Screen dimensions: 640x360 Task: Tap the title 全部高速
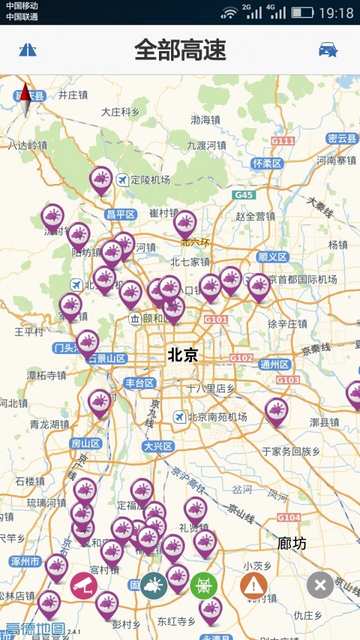(180, 50)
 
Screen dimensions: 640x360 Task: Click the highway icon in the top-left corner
(28, 50)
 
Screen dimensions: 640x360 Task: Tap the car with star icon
(328, 50)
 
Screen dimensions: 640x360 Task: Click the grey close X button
(320, 585)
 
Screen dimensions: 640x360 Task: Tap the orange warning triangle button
(254, 585)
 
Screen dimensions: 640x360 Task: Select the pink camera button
(84, 585)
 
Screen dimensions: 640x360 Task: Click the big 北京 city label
(182, 354)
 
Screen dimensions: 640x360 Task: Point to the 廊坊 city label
(292, 543)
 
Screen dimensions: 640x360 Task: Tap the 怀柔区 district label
(267, 163)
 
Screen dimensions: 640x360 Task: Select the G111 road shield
(283, 141)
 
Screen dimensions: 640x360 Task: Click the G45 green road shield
(245, 195)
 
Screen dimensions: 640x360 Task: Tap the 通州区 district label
(275, 364)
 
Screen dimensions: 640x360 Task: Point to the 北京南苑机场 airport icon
(179, 417)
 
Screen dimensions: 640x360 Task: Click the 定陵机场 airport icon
(122, 179)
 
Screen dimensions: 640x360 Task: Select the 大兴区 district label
(158, 446)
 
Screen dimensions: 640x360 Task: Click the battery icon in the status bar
(303, 12)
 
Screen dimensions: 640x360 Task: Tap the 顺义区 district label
(273, 257)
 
